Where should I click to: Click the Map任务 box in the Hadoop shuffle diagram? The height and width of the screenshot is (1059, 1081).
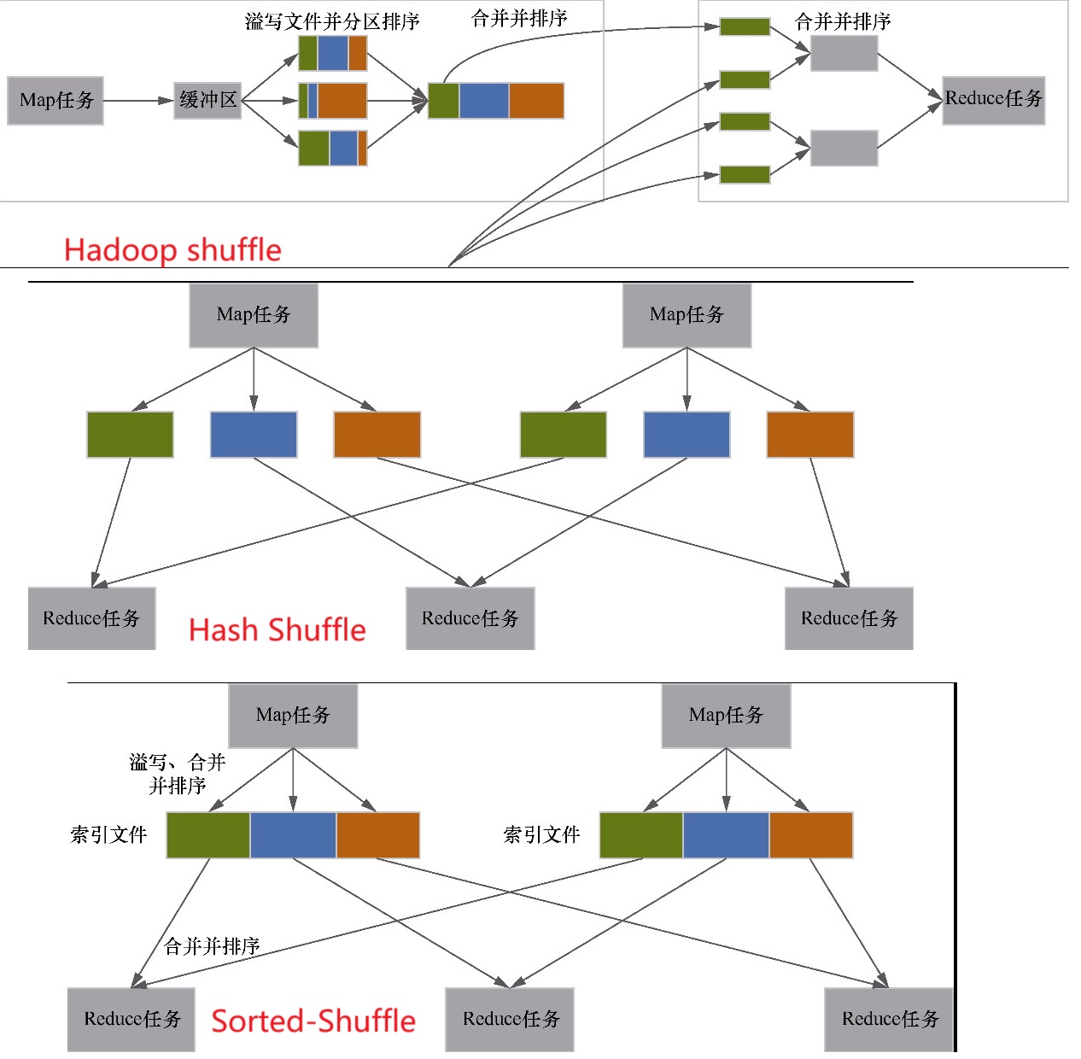(56, 101)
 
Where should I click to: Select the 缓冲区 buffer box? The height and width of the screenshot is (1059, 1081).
(207, 101)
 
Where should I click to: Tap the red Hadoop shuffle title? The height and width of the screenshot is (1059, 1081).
(172, 250)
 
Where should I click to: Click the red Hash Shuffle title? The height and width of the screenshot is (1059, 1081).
(277, 630)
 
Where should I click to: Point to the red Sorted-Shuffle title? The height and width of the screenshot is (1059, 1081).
(313, 1021)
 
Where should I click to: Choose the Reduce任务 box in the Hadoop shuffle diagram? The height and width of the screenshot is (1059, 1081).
(993, 99)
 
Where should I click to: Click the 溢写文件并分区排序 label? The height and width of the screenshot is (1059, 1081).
(332, 21)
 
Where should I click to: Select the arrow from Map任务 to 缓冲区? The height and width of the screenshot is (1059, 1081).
(137, 101)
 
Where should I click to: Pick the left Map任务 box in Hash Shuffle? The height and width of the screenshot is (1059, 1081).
(254, 315)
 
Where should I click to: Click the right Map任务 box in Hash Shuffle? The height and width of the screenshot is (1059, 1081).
(687, 315)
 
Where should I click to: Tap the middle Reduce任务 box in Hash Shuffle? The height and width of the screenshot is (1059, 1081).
(470, 618)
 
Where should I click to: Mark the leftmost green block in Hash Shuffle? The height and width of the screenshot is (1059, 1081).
(130, 435)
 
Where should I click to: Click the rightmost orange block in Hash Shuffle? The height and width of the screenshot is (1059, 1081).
(809, 435)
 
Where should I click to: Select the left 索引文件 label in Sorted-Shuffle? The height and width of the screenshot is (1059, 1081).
(108, 835)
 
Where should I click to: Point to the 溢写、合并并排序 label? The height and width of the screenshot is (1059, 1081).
(178, 774)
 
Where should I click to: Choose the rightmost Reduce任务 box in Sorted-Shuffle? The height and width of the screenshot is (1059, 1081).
(889, 1019)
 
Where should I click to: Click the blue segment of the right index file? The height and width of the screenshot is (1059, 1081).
(726, 835)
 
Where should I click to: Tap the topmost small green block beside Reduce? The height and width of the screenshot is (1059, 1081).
(745, 26)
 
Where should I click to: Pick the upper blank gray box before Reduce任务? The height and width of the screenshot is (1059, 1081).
(844, 54)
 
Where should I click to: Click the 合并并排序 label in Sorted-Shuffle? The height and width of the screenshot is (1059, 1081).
(212, 946)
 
